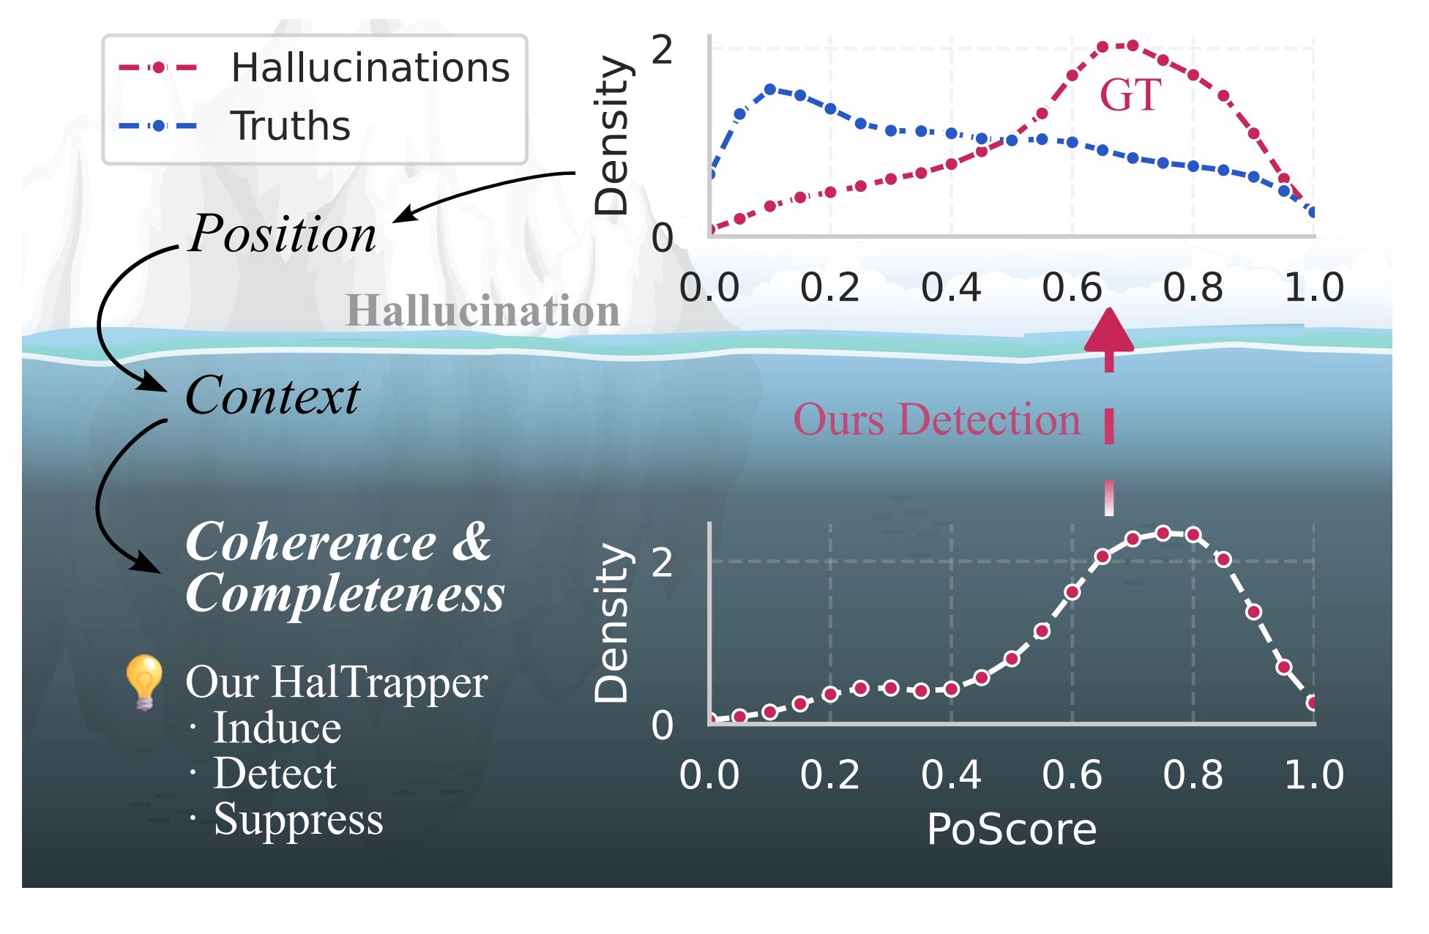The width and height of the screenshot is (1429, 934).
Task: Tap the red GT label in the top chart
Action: tap(1130, 95)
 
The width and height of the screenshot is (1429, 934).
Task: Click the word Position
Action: tap(282, 234)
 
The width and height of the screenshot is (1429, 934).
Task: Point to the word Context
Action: tap(272, 396)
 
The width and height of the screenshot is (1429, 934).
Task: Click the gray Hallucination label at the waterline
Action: tap(482, 310)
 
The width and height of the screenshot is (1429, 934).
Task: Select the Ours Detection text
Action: tap(936, 420)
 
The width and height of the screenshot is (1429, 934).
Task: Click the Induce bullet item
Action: tap(277, 728)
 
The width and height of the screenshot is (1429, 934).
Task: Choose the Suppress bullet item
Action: tap(298, 819)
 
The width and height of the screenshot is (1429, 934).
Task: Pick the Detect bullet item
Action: tap(275, 774)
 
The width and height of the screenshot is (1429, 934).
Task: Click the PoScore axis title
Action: tap(1011, 830)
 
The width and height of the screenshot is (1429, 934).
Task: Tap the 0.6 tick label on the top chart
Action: tap(1071, 288)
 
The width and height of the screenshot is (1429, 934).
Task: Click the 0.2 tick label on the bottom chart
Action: tap(829, 775)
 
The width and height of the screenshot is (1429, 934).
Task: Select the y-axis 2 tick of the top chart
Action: tap(661, 51)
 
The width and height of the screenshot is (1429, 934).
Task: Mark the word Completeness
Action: tap(345, 594)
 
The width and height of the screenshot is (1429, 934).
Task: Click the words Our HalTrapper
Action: tap(336, 683)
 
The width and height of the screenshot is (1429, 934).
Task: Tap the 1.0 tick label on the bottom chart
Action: tap(1313, 775)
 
